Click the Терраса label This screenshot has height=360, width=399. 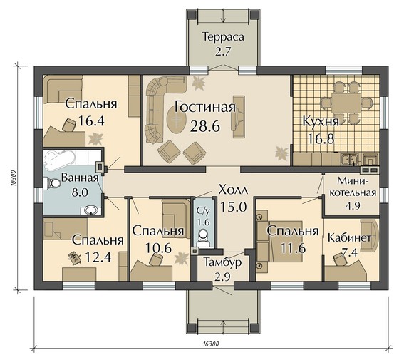[x=223, y=37]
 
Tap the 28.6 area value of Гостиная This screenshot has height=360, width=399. [x=205, y=126]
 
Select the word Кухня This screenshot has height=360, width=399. [x=321, y=122]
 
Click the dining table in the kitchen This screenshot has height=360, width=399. [x=346, y=103]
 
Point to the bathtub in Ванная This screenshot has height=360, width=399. [x=60, y=160]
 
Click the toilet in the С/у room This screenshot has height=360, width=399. [x=203, y=236]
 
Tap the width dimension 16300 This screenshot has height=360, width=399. [x=211, y=344]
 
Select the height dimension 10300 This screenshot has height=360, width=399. [x=14, y=178]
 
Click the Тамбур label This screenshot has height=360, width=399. [x=222, y=262]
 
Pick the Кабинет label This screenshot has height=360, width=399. [x=349, y=238]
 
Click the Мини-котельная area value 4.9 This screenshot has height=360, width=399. [x=353, y=205]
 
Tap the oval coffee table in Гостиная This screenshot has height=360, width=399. [x=177, y=120]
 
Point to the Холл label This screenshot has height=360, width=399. [x=233, y=190]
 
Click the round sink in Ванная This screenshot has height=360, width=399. [x=90, y=210]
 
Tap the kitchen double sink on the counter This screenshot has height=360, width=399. [x=348, y=160]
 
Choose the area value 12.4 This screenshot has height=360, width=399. [x=98, y=257]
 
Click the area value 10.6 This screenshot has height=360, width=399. [x=157, y=248]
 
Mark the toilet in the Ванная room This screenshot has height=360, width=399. [x=52, y=183]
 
